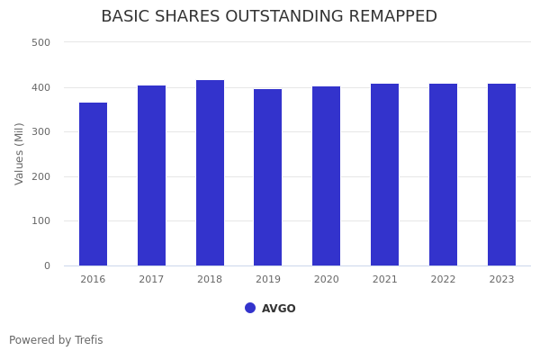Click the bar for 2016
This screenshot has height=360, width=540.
(93, 184)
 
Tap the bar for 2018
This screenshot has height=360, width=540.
(210, 173)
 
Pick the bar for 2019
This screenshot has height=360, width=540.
(268, 177)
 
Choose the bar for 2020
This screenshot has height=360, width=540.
(327, 175)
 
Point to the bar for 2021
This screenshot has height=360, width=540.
(384, 175)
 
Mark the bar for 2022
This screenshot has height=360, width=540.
(443, 175)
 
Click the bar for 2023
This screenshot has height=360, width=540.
(501, 175)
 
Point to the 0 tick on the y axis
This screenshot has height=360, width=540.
(46, 265)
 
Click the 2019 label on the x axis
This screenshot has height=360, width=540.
(268, 280)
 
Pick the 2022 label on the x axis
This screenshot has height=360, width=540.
(443, 280)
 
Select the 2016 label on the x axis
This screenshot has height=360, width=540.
(93, 280)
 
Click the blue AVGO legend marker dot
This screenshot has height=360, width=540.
(250, 308)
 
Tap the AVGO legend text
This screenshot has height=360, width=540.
(279, 309)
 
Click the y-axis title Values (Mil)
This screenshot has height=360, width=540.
(20, 153)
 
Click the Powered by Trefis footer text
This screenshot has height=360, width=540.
(56, 340)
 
